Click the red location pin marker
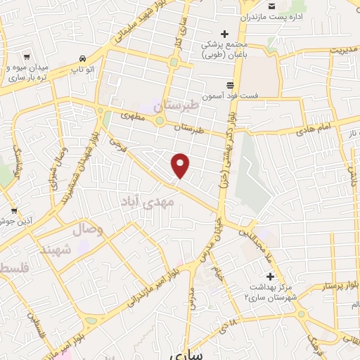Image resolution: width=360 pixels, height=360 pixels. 181,165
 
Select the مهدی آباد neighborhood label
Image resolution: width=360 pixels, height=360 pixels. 162,205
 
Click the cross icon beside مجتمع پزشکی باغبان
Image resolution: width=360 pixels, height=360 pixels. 225,33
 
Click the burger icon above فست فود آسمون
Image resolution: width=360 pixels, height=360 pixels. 230,84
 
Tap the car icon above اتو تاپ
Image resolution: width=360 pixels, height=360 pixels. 84,58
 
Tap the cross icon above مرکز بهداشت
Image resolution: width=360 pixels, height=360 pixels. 270,276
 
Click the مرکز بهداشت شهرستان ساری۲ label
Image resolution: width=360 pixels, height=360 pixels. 271,292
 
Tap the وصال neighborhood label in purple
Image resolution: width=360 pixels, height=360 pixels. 89,229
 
